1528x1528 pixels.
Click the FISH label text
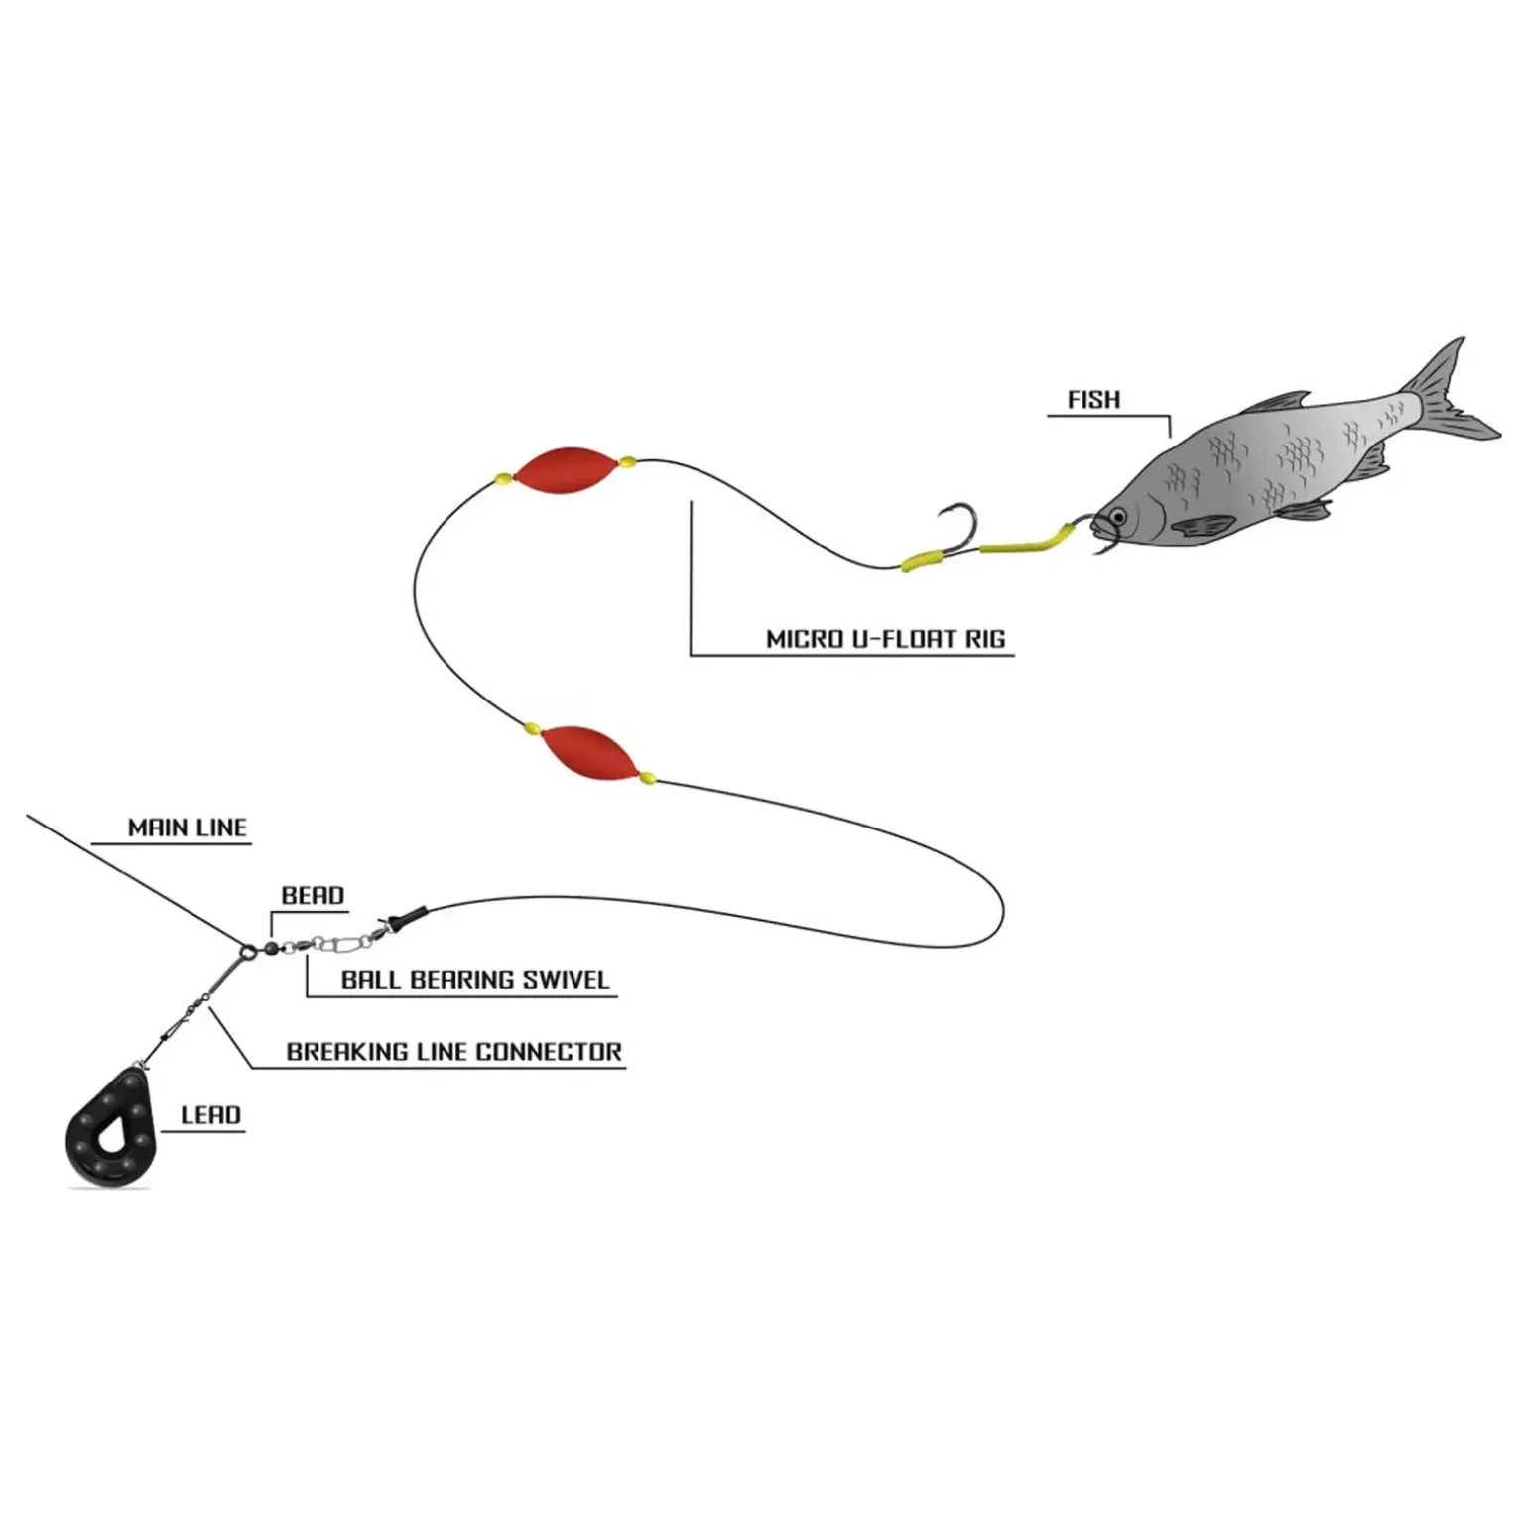(1093, 400)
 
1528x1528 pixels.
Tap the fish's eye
(1118, 517)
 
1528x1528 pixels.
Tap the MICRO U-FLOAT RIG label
(885, 639)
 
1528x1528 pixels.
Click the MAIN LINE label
(188, 828)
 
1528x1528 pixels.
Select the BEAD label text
(313, 895)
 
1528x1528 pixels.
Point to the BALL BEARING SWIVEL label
(474, 980)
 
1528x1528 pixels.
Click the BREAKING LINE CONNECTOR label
(453, 1052)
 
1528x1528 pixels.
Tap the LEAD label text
(210, 1115)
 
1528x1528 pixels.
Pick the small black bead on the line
(271, 948)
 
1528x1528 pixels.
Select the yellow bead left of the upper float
(503, 480)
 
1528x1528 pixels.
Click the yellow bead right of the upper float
(627, 461)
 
